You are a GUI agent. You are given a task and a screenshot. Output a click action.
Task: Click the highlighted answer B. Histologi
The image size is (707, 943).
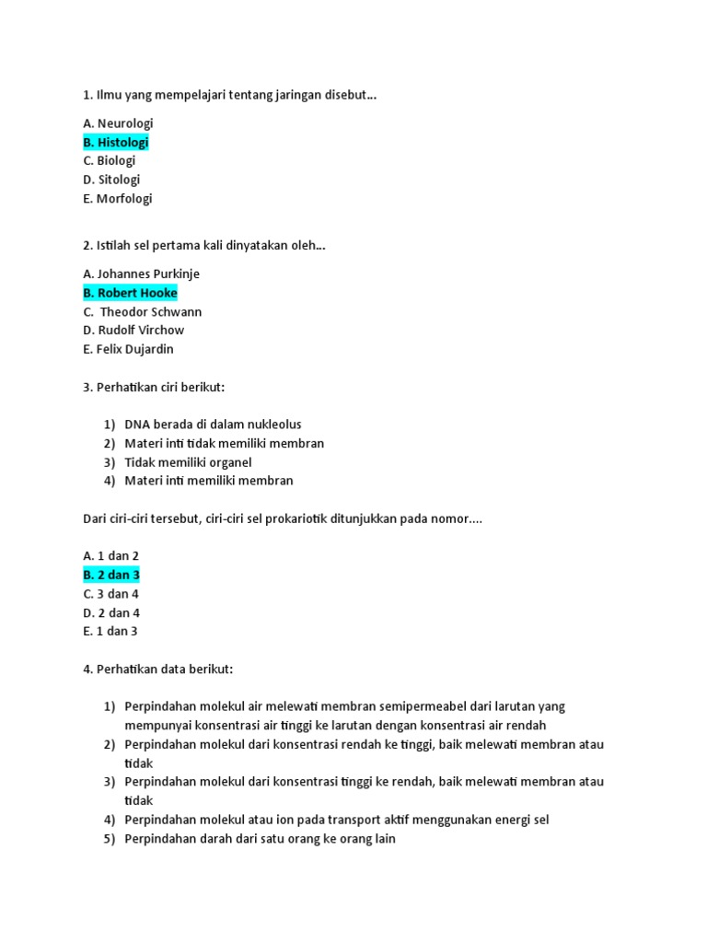point(115,142)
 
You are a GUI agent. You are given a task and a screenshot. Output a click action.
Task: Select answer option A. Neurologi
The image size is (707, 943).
point(118,123)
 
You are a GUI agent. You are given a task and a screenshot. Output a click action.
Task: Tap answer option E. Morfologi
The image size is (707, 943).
point(118,198)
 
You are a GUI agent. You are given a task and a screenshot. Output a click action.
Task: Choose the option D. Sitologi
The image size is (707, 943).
point(111,180)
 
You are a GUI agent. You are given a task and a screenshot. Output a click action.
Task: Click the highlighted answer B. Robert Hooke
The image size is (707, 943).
point(130,293)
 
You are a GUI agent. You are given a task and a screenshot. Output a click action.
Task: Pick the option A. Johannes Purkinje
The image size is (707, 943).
point(141,274)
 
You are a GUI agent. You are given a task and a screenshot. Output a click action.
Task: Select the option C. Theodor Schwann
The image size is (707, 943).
point(143,311)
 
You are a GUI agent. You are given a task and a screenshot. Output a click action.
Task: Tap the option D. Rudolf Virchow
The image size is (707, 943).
point(133,330)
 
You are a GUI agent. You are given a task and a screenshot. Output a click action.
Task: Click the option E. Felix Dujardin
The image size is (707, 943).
point(128,349)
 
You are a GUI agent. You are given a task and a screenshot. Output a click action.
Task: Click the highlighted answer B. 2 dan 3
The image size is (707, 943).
point(111,575)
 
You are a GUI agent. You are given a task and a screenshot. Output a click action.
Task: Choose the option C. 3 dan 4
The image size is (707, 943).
point(110,594)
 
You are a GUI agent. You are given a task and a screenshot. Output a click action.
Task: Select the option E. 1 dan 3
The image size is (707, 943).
point(110,632)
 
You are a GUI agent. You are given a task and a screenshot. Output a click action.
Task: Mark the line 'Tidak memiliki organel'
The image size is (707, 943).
point(188,462)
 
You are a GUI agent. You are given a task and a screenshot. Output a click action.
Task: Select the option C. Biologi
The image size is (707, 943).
point(110,160)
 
